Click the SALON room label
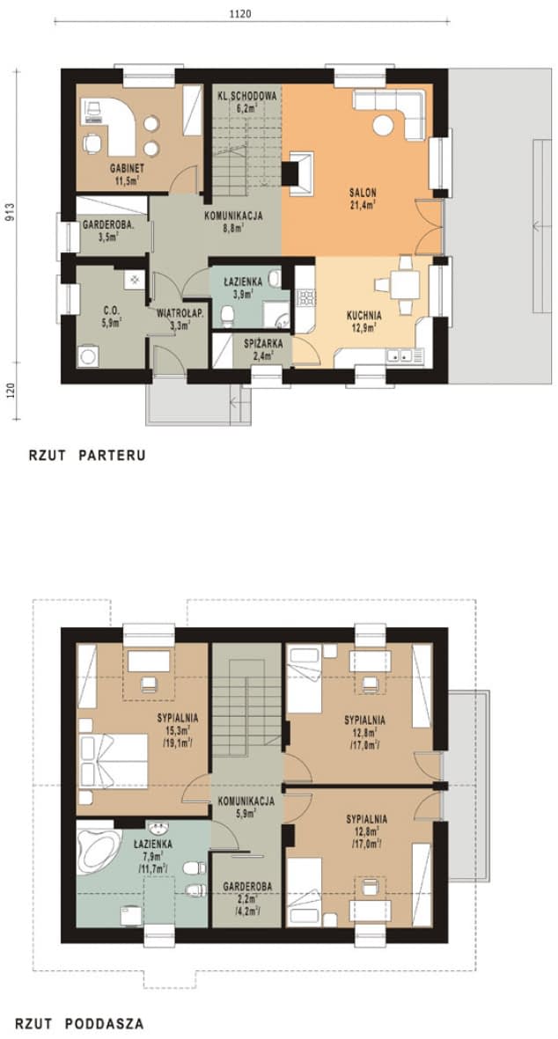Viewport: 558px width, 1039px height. [363, 193]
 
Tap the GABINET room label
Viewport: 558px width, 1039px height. [128, 168]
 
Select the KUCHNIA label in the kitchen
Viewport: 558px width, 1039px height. [363, 316]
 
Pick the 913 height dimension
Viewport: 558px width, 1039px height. [11, 213]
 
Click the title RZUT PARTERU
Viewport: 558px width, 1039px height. [87, 456]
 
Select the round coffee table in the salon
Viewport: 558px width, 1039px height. [382, 125]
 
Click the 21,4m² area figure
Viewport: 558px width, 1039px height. [363, 205]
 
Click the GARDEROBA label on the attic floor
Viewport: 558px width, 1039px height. [248, 886]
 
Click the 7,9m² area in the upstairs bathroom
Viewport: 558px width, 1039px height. [152, 856]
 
